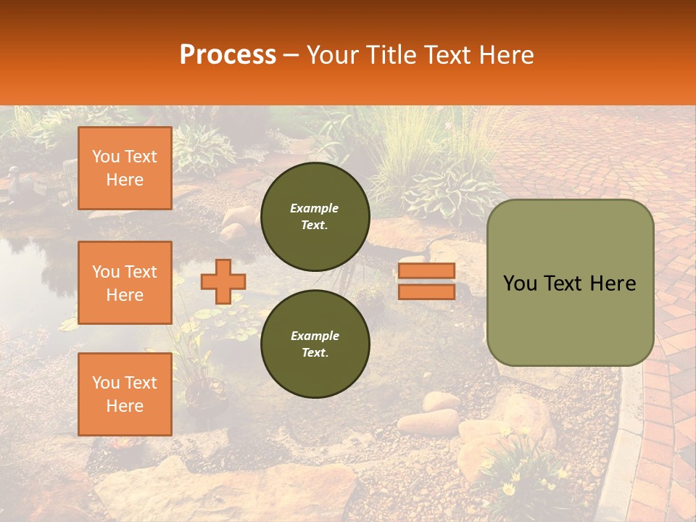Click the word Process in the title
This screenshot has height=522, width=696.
228,55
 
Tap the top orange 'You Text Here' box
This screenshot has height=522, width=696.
125,168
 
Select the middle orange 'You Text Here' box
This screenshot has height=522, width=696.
125,283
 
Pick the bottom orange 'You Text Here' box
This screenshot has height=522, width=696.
125,394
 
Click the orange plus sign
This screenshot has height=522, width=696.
223,281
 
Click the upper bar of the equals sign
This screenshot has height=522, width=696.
426,271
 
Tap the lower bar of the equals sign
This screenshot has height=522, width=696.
426,291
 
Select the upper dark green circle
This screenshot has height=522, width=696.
315,217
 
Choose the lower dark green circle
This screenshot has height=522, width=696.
315,344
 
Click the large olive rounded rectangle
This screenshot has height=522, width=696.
570,283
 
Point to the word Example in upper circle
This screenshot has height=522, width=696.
314,208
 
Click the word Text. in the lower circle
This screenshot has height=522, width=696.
314,352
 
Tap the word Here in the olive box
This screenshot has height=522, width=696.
613,283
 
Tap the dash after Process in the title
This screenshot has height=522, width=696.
291,55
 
